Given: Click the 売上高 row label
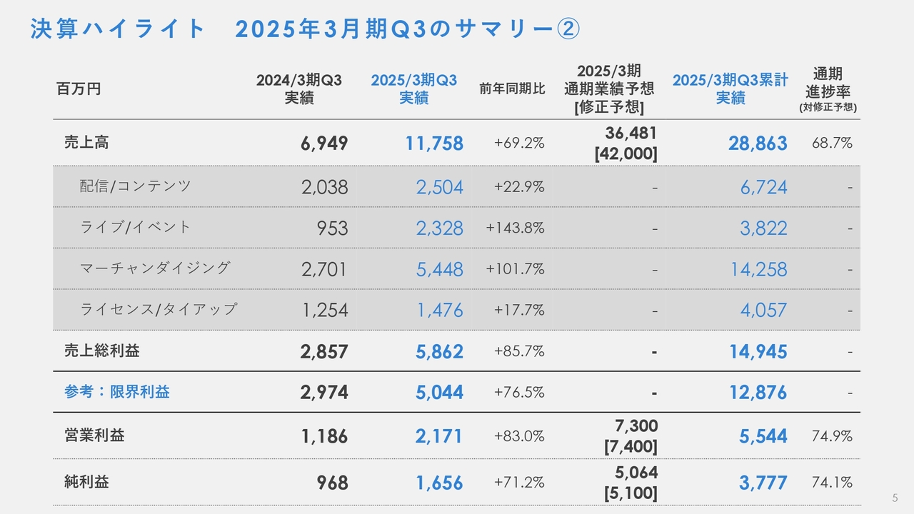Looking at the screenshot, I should (86, 142).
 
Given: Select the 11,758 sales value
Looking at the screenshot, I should (434, 143).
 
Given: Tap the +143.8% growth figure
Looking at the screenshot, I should (515, 228).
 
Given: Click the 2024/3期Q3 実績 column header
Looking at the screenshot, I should (299, 89).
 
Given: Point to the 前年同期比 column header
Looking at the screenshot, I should (512, 89).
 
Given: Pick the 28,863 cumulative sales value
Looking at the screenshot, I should (758, 143).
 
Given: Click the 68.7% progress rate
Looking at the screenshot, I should (832, 143).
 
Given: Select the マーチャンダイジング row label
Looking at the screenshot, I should (155, 268).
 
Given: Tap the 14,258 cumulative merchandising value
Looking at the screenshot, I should (758, 269).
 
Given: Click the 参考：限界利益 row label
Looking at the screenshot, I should (117, 392).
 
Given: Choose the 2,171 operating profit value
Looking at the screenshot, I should (439, 436).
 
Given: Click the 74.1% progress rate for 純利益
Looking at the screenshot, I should (832, 483).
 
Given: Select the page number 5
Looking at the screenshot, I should (895, 498).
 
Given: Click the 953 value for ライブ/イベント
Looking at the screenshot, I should (333, 228).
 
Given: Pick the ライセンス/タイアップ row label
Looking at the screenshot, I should (158, 309).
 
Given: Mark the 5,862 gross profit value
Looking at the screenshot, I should (439, 352).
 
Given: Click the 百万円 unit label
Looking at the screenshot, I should (79, 89).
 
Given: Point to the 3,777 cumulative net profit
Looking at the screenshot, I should (763, 483).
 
